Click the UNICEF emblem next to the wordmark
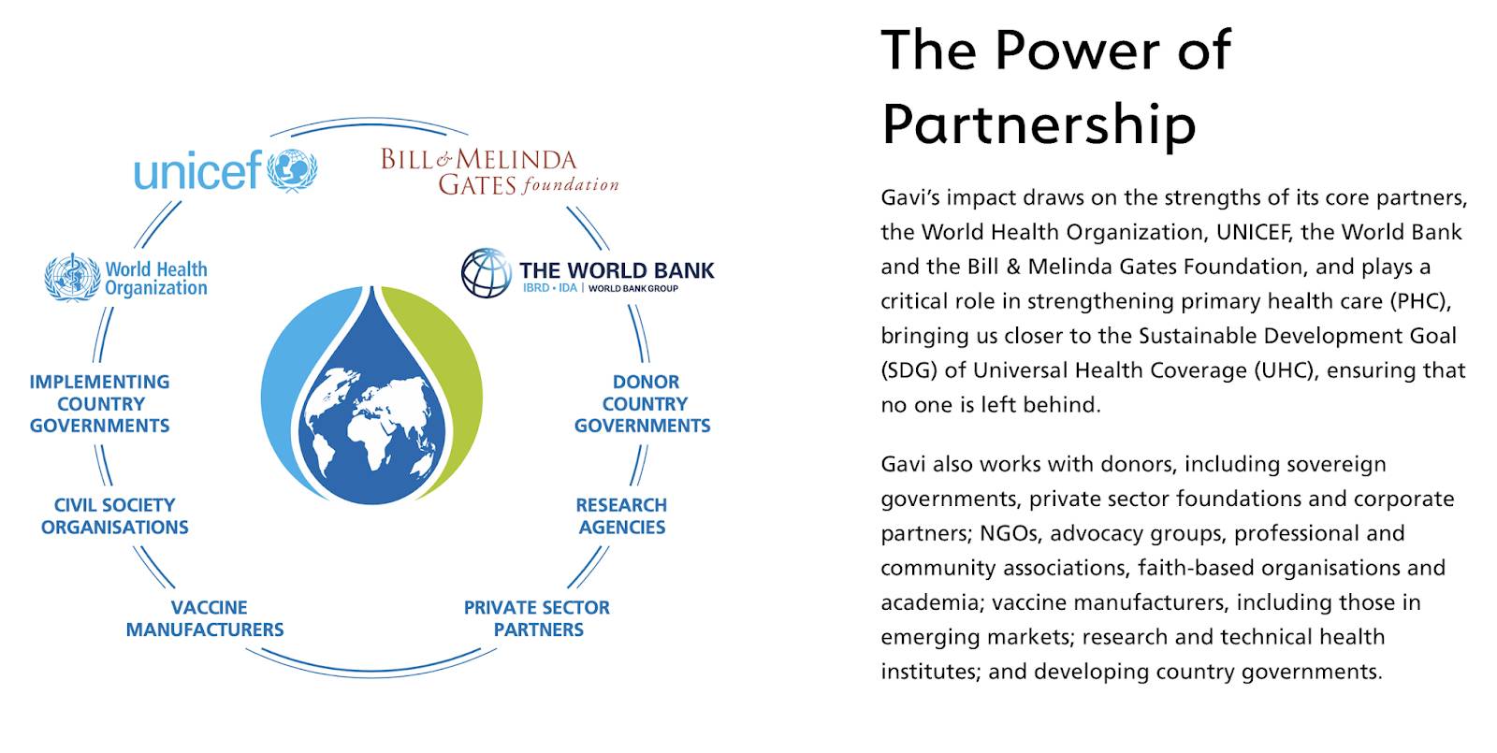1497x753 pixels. (292, 170)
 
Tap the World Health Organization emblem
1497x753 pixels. (72, 277)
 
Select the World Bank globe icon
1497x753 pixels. (486, 272)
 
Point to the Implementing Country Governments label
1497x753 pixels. (99, 403)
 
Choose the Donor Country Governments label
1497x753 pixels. (643, 403)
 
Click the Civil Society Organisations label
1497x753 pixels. (114, 515)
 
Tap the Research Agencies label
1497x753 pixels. (621, 515)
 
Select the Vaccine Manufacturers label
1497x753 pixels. (205, 618)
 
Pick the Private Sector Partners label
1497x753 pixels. (537, 618)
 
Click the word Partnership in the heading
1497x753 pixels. (1039, 124)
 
